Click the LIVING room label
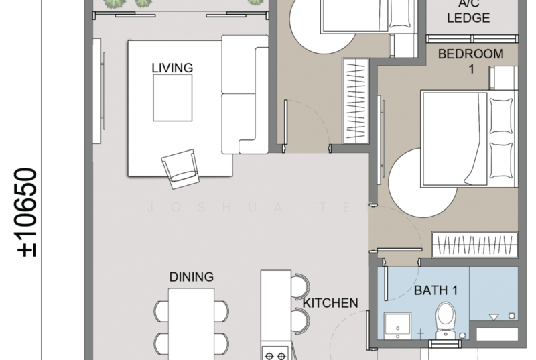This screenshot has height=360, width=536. click(x=172, y=67)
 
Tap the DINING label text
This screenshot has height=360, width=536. click(x=191, y=276)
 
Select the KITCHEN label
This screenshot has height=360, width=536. click(x=330, y=303)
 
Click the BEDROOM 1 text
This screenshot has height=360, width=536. click(x=470, y=61)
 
